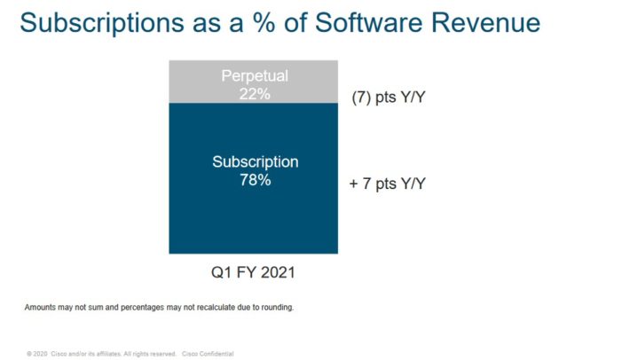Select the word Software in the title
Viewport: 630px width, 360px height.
click(359, 23)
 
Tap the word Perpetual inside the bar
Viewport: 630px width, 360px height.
click(256, 75)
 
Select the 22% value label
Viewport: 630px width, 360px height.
click(256, 91)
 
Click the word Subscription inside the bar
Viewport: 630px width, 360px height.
click(256, 162)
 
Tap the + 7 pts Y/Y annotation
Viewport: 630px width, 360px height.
click(388, 184)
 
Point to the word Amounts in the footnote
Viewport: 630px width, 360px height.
click(40, 308)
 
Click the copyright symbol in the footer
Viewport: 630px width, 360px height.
click(29, 353)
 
